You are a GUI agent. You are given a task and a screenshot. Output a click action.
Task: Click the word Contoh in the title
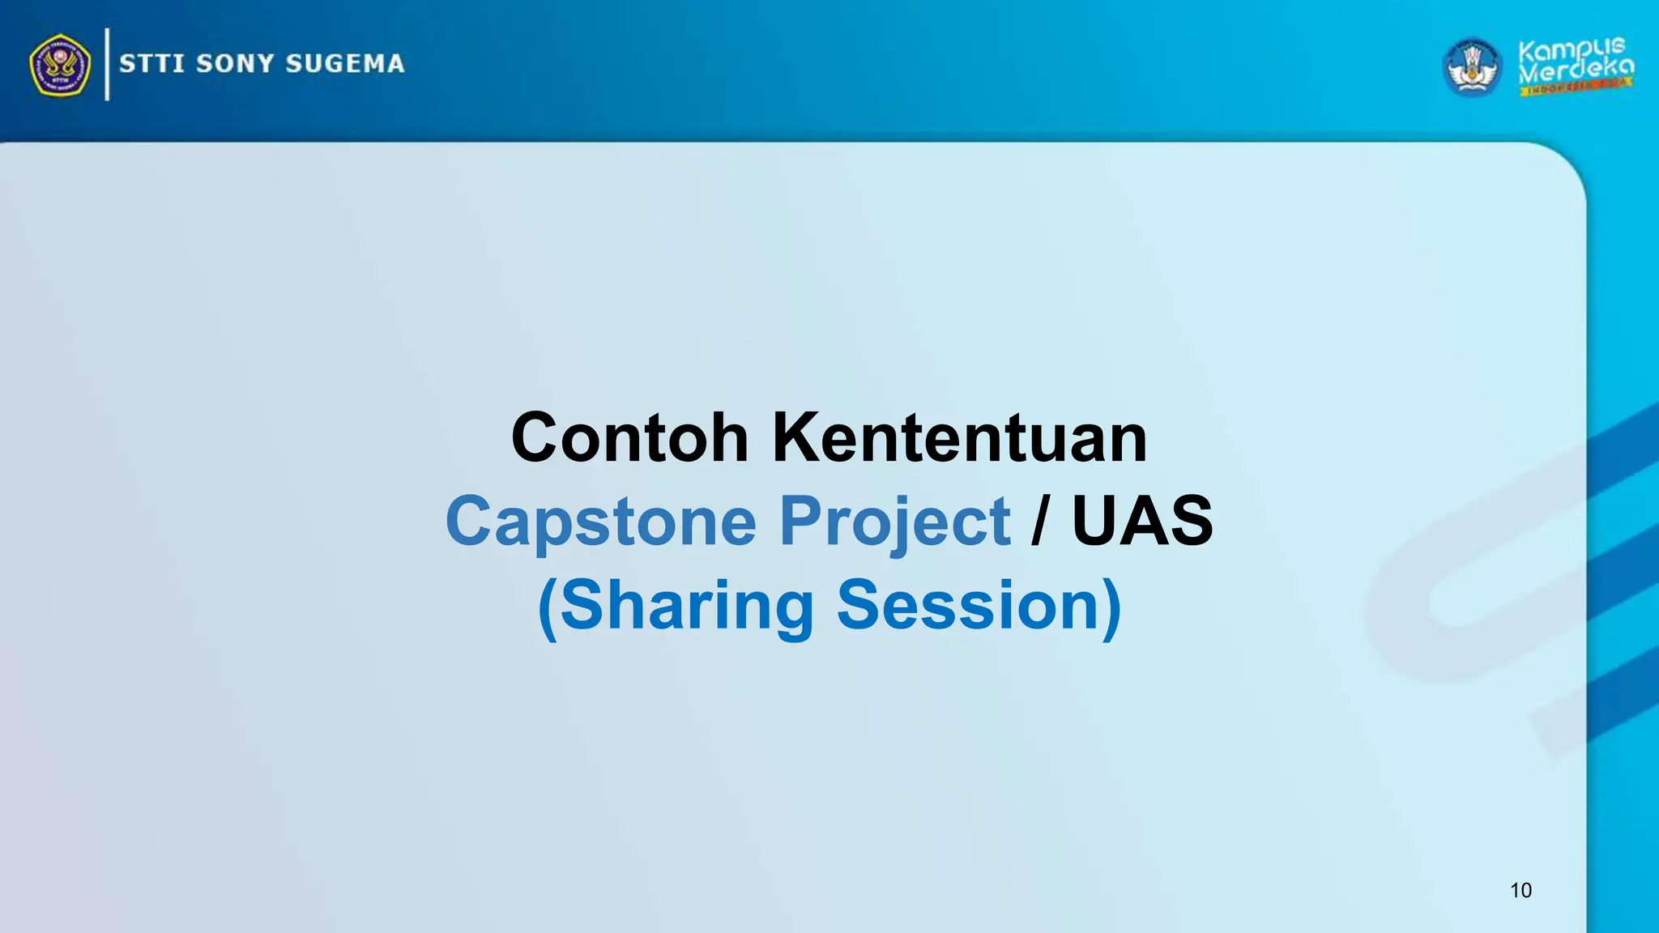[x=629, y=438]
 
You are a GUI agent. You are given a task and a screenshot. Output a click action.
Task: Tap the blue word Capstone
[x=600, y=522]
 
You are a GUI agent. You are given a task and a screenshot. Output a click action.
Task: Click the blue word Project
[x=894, y=522]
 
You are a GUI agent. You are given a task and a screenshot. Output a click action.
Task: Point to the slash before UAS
[x=1039, y=522]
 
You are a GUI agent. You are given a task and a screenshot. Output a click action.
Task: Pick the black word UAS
[x=1142, y=522]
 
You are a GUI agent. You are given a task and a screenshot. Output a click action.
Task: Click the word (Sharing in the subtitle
[x=676, y=607]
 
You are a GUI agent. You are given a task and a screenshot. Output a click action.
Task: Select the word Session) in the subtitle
[x=979, y=607]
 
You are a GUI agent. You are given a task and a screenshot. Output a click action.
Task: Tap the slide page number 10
[x=1520, y=891]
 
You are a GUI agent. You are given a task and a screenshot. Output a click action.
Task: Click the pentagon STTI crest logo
[x=60, y=65]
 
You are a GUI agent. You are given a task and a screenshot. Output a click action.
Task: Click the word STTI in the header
[x=151, y=64]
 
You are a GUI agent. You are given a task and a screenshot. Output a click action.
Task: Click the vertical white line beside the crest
[x=107, y=64]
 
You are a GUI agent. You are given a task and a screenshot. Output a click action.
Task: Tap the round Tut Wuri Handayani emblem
[x=1473, y=67]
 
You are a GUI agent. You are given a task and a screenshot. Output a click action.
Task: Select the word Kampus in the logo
[x=1571, y=50]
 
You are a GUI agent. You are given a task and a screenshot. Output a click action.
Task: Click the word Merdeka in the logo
[x=1576, y=70]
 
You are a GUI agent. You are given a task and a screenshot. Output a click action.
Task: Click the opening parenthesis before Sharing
[x=548, y=608]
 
